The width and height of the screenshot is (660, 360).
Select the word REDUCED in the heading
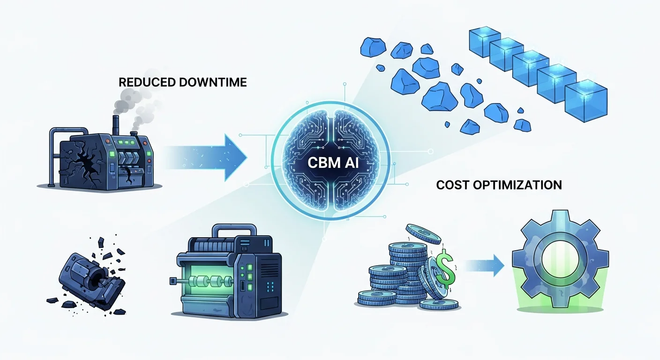[x=147, y=82]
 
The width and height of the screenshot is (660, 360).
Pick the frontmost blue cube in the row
[x=585, y=99]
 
